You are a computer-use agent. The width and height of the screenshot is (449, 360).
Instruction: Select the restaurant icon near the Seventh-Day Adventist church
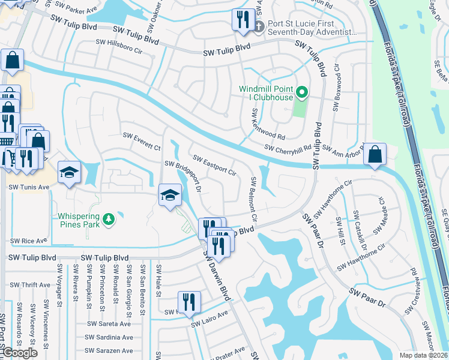[x=242, y=20]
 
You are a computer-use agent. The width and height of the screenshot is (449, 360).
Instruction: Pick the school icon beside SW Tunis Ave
[x=69, y=172]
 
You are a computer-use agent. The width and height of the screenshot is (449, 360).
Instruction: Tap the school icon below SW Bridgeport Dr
[x=170, y=194]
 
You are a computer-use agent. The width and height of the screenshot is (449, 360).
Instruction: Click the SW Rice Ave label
[x=28, y=241]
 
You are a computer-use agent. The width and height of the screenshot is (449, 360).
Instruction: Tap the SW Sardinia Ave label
[x=109, y=337]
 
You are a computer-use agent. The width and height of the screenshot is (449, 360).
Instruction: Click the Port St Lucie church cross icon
[x=260, y=25]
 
